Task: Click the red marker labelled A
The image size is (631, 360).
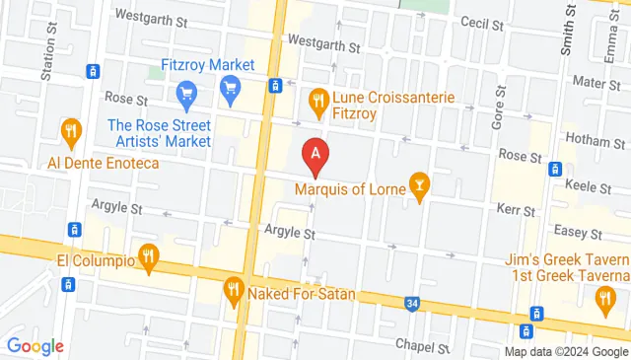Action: (x=315, y=155)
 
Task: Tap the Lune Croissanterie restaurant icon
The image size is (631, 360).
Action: (x=317, y=99)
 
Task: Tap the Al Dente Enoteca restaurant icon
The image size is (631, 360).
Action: (x=71, y=131)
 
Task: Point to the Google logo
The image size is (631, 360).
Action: (x=35, y=346)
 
